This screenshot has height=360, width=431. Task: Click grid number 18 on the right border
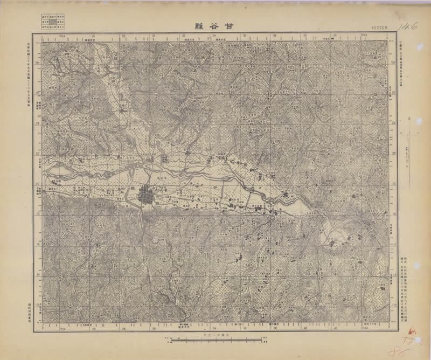click(392, 213)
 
